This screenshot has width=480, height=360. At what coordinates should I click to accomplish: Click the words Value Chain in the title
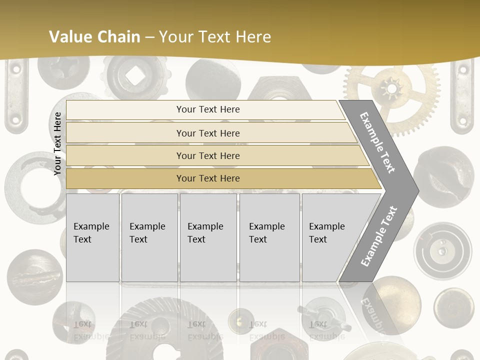tap(94, 36)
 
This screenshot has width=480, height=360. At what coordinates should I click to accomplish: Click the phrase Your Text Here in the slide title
tap(215, 36)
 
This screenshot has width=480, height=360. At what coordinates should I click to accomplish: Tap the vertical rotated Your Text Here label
tap(57, 143)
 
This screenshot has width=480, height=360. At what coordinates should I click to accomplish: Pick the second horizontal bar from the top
tap(207, 133)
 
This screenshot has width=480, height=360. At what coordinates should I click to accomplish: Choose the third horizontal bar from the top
tap(207, 155)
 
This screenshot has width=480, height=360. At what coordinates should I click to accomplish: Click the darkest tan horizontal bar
tap(207, 178)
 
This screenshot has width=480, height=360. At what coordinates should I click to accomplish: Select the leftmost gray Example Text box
tap(92, 237)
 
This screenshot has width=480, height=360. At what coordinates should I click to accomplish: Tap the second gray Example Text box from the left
tap(149, 237)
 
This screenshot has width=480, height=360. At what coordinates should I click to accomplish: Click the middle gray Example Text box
tap(208, 237)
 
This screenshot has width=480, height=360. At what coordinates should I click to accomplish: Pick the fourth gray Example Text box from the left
tap(269, 237)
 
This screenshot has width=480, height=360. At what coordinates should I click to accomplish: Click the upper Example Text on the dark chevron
tap(377, 142)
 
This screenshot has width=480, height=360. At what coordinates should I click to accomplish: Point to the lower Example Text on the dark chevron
tap(378, 236)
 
